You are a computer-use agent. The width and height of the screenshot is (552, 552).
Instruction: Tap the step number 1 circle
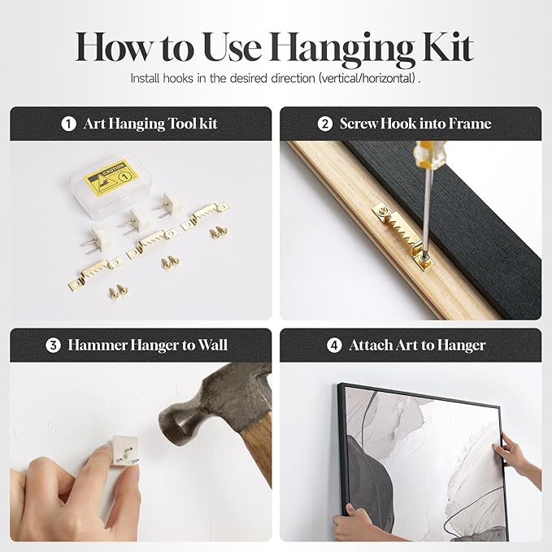pos(68,124)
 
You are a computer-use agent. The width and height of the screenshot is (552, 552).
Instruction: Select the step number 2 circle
pos(324,124)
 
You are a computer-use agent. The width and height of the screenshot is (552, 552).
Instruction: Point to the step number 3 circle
pos(53,346)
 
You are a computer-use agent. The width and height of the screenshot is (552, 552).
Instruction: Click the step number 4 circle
pos(334,346)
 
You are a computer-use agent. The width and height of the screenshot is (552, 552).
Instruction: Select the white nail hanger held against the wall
pos(124,450)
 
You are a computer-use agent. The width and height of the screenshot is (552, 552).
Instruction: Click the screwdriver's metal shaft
pos(426,211)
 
